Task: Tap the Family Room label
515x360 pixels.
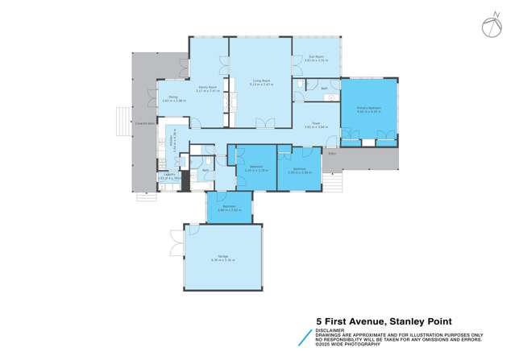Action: [x=207, y=91]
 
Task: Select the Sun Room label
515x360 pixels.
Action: [x=315, y=58]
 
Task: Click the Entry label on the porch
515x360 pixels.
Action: [x=330, y=151]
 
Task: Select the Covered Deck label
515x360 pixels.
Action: [x=146, y=122]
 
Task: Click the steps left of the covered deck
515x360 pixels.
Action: [x=121, y=122]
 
